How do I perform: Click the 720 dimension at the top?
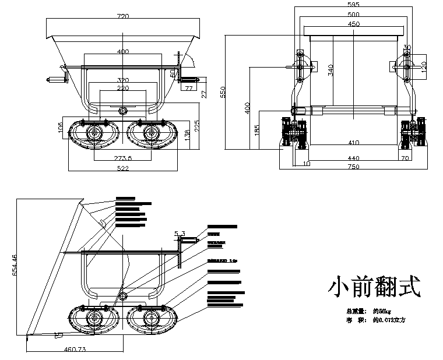click(123, 17)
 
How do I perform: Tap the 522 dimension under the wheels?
click(123, 168)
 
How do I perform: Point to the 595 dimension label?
click(353, 5)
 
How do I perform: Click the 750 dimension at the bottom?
click(353, 167)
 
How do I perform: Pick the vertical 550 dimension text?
click(223, 92)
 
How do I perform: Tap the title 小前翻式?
click(374, 287)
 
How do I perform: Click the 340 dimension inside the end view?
click(330, 70)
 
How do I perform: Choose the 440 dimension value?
click(353, 158)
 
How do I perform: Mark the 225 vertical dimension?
click(198, 126)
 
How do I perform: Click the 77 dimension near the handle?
click(189, 89)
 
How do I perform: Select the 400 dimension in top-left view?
click(123, 52)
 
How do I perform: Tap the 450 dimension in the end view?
click(353, 24)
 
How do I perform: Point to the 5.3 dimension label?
click(180, 234)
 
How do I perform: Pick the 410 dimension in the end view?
click(353, 143)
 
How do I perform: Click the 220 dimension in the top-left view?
click(123, 89)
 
